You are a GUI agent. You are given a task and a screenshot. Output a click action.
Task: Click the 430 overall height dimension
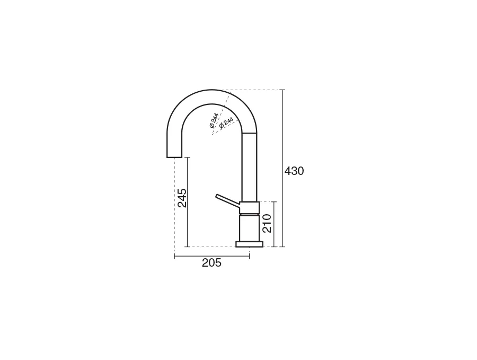pos(294,171)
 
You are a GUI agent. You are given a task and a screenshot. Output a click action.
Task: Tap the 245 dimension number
pos(182,198)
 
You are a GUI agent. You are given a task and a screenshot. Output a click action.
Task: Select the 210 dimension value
pos(267,223)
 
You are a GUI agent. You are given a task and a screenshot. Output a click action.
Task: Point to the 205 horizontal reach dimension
pos(211,262)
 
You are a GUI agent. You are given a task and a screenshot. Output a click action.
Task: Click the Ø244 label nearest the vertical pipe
pos(226,122)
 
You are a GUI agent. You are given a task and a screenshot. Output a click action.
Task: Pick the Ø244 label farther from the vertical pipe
pos(214,120)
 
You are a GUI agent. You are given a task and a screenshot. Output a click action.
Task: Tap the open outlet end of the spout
pos(174,157)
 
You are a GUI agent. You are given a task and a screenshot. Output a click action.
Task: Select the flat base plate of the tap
pos(250,244)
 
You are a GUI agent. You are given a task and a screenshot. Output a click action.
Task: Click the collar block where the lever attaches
pos(250,207)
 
